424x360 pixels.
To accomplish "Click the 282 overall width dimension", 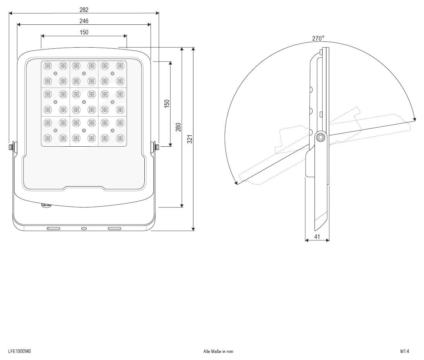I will point(84,9).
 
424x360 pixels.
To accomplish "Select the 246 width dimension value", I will point(84,21).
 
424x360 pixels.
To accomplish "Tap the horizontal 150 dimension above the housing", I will point(84,32).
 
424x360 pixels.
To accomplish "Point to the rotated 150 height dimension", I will point(167,104).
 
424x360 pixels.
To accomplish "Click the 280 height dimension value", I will point(178,127).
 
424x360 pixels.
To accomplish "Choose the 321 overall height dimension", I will point(190,139).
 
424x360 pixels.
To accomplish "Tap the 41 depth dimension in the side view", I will point(317,236).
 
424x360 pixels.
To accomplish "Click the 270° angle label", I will point(318,38).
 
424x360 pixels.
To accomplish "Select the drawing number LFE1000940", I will point(19,351).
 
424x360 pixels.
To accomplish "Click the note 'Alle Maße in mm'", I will point(218,351).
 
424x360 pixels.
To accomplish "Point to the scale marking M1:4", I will point(405,351).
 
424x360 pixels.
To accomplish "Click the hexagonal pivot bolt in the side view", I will point(320,137).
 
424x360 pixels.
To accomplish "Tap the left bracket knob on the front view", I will point(12,147).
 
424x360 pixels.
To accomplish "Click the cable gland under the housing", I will point(46,205).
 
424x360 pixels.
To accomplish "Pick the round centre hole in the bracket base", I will point(84,229).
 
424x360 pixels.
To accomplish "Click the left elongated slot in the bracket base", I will point(53,229).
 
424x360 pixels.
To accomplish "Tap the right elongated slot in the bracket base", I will point(114,229).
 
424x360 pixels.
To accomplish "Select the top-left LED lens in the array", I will point(48,66).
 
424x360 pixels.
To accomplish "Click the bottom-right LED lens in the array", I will point(120,138).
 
